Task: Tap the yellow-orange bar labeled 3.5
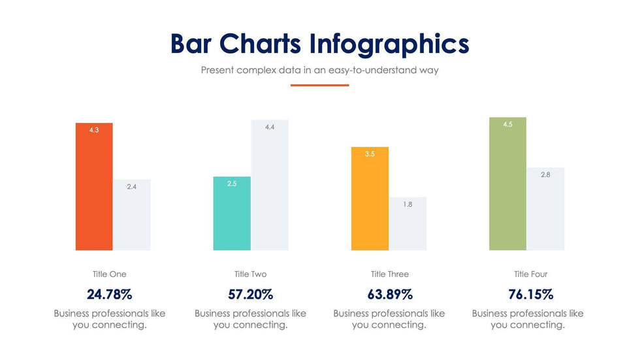pyautogui.click(x=370, y=199)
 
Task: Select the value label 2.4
pyautogui.click(x=132, y=187)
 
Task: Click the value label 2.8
pyautogui.click(x=545, y=175)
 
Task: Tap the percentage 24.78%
pyautogui.click(x=109, y=294)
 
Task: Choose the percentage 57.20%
pyautogui.click(x=250, y=294)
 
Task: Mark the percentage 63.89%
pyautogui.click(x=389, y=294)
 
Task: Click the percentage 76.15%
pyautogui.click(x=530, y=294)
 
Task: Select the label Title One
pyautogui.click(x=109, y=274)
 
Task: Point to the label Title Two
pyautogui.click(x=250, y=274)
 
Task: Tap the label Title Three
pyautogui.click(x=389, y=274)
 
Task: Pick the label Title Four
pyautogui.click(x=530, y=274)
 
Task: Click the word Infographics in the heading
pyautogui.click(x=389, y=44)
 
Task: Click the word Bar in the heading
pyautogui.click(x=191, y=44)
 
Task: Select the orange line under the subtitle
pyautogui.click(x=319, y=85)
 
